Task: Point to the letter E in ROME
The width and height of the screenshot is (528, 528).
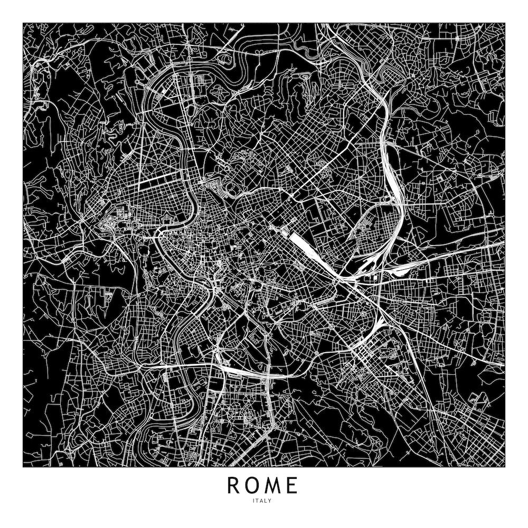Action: (x=293, y=485)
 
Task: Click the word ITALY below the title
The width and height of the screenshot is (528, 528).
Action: (x=263, y=501)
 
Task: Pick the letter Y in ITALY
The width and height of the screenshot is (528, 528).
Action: (x=270, y=501)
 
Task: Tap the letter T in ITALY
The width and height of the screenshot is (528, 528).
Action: (x=259, y=501)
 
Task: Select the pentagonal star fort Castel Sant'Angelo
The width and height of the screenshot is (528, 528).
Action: (x=166, y=218)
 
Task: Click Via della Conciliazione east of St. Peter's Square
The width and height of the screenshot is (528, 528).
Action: (x=145, y=226)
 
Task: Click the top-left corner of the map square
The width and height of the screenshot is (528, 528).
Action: (x=23, y=23)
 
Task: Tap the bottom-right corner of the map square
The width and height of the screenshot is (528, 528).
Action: (x=504, y=467)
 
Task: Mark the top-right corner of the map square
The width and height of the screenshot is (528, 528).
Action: (x=504, y=23)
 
